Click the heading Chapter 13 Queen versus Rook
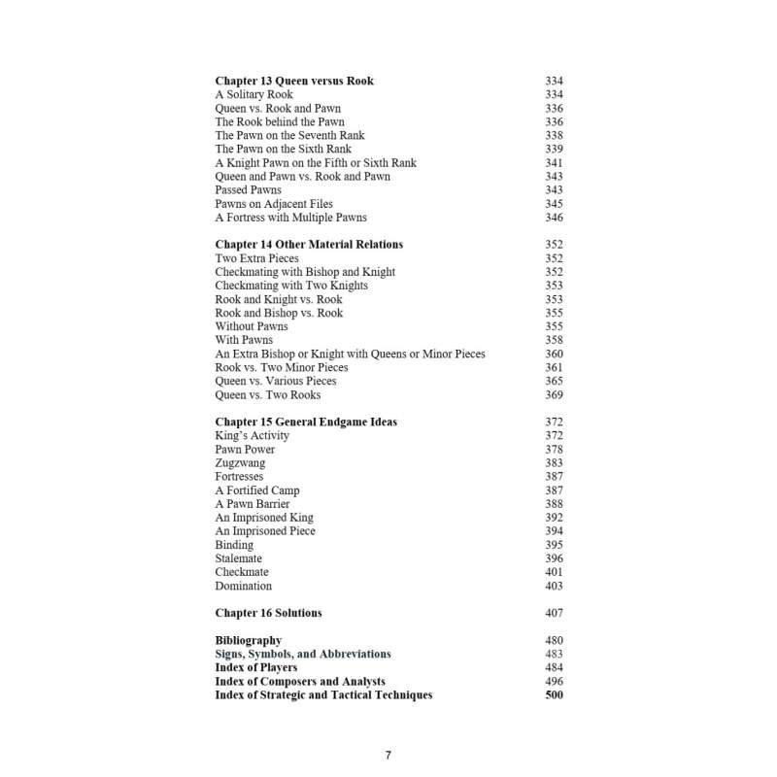pyautogui.click(x=293, y=82)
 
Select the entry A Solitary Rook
pyautogui.click(x=253, y=95)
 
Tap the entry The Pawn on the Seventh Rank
pyautogui.click(x=289, y=136)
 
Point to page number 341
pyautogui.click(x=554, y=163)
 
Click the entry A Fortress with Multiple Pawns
pyautogui.click(x=290, y=218)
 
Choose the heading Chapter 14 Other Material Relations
pyautogui.click(x=309, y=245)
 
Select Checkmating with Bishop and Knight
pyautogui.click(x=305, y=272)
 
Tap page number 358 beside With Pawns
pyautogui.click(x=554, y=340)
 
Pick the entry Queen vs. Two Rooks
pyautogui.click(x=267, y=394)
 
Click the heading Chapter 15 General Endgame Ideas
pyautogui.click(x=306, y=422)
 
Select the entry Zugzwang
pyautogui.click(x=240, y=463)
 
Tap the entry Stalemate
pyautogui.click(x=238, y=558)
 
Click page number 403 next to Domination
pyautogui.click(x=554, y=586)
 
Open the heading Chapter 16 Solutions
pyautogui.click(x=268, y=613)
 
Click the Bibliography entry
pyautogui.click(x=248, y=640)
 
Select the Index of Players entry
pyautogui.click(x=256, y=668)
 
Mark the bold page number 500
pyautogui.click(x=554, y=695)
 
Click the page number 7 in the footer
pyautogui.click(x=388, y=755)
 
